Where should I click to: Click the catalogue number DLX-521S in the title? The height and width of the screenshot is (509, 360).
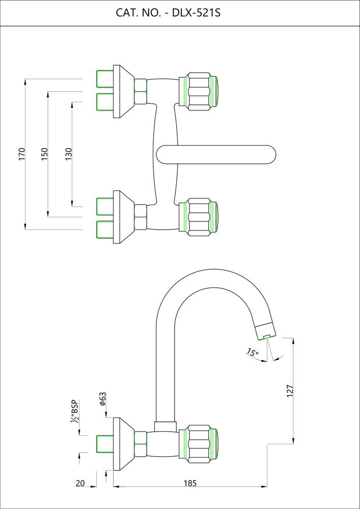196,13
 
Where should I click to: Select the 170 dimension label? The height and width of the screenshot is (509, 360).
21,154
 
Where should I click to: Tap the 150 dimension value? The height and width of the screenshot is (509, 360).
44,154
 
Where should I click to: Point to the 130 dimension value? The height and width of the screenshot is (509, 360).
69,154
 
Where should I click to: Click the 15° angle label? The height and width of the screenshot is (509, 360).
252,352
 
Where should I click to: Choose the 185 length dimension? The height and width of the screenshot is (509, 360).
189,483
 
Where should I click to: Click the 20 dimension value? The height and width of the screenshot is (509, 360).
80,483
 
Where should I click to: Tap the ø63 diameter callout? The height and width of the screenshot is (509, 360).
102,399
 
